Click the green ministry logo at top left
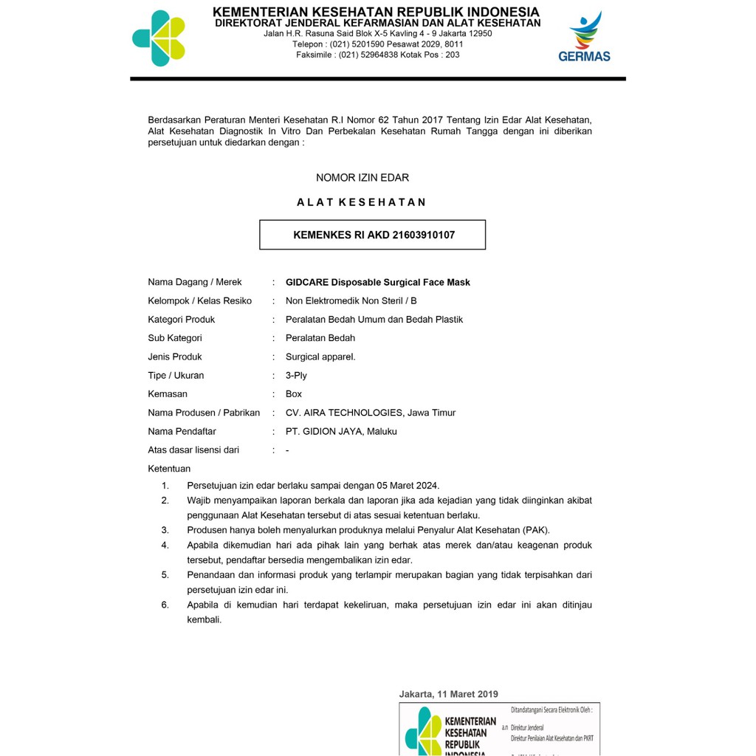[x=159, y=38]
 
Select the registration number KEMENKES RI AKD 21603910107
[x=374, y=236]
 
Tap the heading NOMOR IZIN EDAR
[x=362, y=178]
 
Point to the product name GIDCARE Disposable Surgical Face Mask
[x=377, y=282]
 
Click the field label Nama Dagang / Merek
[x=195, y=282]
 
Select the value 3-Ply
[x=296, y=375]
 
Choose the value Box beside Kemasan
[x=294, y=394]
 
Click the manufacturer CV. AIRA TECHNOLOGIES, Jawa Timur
[x=371, y=413]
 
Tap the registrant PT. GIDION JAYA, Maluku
[x=341, y=431]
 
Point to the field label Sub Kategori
[x=175, y=338]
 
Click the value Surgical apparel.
[x=320, y=357]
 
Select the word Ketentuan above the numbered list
[x=169, y=469]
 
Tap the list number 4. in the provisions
[x=165, y=546]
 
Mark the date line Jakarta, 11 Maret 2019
[x=448, y=694]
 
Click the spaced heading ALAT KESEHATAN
[x=362, y=202]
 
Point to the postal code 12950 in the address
[x=481, y=33]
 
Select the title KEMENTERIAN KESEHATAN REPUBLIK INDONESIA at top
[x=376, y=12]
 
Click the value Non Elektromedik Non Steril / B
[x=351, y=300]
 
